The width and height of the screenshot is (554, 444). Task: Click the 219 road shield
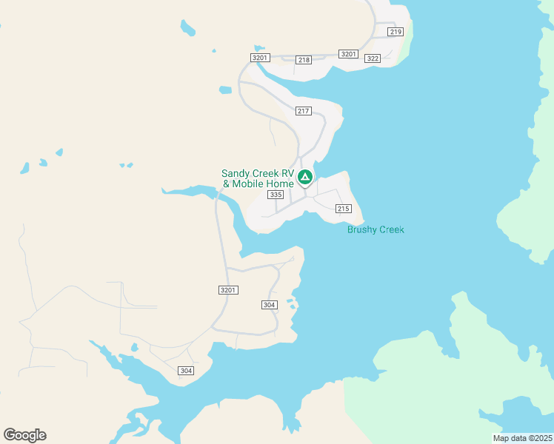[x=395, y=32]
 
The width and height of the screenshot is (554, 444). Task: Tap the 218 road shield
[x=303, y=59]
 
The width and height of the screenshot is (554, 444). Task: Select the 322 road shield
[x=373, y=58]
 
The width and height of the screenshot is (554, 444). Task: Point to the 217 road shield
[x=303, y=111]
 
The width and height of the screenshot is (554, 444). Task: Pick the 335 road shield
[x=276, y=195]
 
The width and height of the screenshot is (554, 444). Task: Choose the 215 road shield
[x=342, y=209]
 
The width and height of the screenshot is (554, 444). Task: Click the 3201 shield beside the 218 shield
[x=259, y=58]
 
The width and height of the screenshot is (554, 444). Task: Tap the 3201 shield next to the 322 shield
[x=348, y=54]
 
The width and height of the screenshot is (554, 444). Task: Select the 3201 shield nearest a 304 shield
[x=228, y=290]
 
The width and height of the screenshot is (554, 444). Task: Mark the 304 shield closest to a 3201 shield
[x=270, y=305]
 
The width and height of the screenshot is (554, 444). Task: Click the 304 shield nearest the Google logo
[x=186, y=371]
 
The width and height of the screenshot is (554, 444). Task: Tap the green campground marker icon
[x=304, y=177]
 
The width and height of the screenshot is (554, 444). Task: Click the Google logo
[x=25, y=435]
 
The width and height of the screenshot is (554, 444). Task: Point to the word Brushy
[x=361, y=229]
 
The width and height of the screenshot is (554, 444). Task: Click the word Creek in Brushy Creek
[x=391, y=229]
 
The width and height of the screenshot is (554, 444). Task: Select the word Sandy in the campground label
[x=236, y=174]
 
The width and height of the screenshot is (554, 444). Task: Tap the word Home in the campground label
[x=281, y=184]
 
